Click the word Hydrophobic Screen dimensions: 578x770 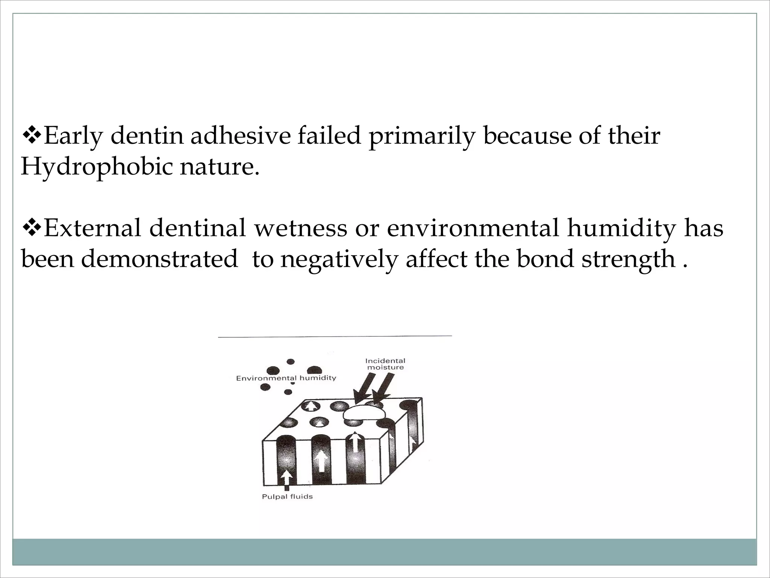pyautogui.click(x=95, y=167)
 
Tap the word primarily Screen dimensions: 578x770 pyautogui.click(x=421, y=136)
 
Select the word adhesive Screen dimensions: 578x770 pyautogui.click(x=241, y=136)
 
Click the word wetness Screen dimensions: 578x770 pyautogui.click(x=300, y=228)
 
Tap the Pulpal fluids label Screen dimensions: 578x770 pyautogui.click(x=287, y=497)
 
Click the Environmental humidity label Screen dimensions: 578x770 pyautogui.click(x=286, y=378)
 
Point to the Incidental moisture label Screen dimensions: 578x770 pyautogui.click(x=385, y=364)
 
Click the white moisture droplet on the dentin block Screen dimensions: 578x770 pyautogui.click(x=364, y=413)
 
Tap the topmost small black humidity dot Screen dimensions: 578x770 pyautogui.click(x=290, y=362)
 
